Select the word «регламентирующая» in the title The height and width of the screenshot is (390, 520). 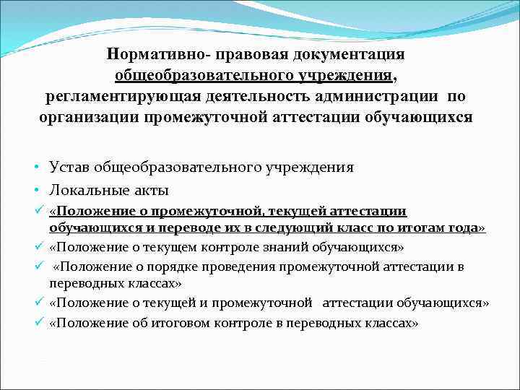pos(122,96)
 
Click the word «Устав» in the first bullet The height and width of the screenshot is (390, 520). pos(70,168)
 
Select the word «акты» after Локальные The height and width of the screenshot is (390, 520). pos(153,191)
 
